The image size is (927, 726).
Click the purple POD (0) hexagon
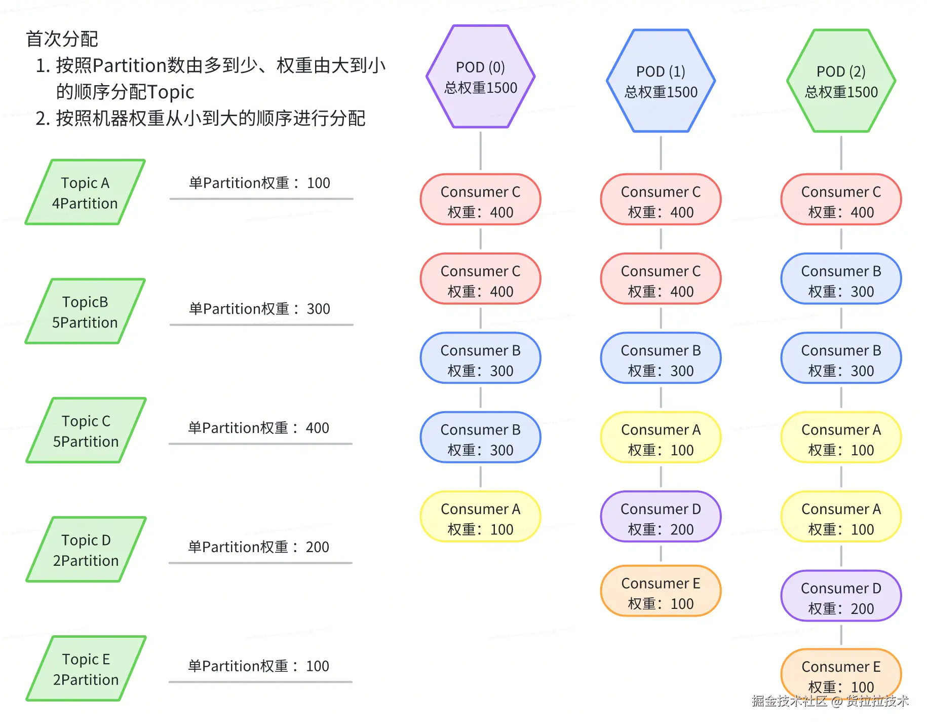click(x=480, y=77)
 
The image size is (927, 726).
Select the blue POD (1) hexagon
click(x=661, y=81)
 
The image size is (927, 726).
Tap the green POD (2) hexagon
click(x=841, y=81)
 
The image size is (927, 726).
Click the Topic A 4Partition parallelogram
click(x=85, y=193)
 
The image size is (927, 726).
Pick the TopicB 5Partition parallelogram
click(x=85, y=312)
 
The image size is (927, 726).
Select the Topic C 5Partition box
click(x=86, y=431)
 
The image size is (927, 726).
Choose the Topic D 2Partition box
click(x=86, y=550)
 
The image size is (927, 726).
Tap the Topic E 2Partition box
click(x=86, y=669)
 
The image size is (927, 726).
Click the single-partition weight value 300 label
click(x=259, y=309)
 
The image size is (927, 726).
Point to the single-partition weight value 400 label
click(x=259, y=428)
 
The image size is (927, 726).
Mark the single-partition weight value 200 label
click(x=259, y=547)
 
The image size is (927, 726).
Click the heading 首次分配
click(x=62, y=39)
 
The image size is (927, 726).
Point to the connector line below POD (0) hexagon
click(x=480, y=151)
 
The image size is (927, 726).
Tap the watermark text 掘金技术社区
click(x=788, y=701)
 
